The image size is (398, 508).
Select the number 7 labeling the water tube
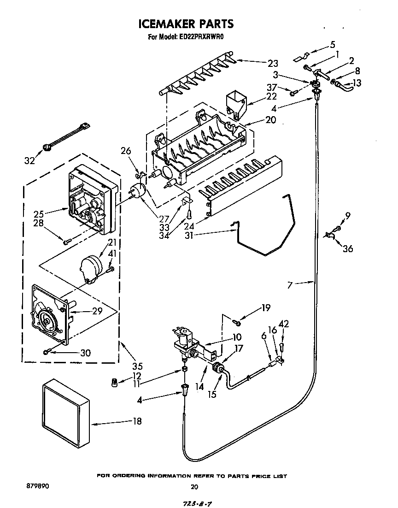pyautogui.click(x=290, y=285)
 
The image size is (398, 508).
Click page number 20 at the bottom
pyautogui.click(x=194, y=487)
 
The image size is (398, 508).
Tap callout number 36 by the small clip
pyautogui.click(x=348, y=248)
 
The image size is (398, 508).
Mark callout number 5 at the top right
pyautogui.click(x=333, y=45)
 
